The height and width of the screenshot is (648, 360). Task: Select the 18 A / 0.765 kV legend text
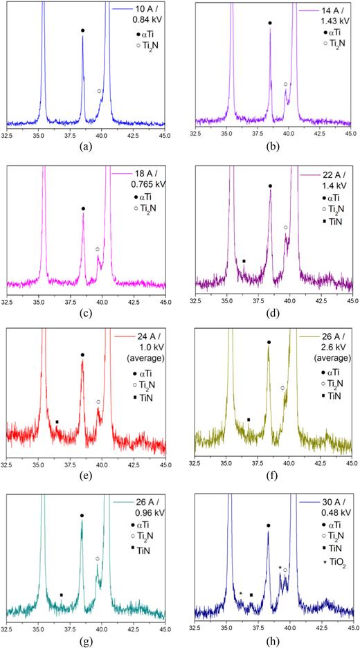[142, 181]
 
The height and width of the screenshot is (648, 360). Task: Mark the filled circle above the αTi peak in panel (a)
[83, 30]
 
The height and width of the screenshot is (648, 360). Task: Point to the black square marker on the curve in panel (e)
[57, 422]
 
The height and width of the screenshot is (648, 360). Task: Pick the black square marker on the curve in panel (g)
[62, 595]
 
